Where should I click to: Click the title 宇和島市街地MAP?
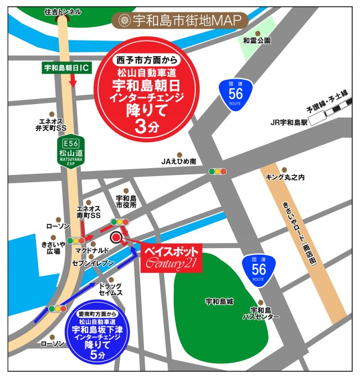tap(180, 21)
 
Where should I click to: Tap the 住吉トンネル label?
tap(62, 11)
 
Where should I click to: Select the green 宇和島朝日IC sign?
tap(66, 68)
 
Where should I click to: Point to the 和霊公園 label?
tap(256, 40)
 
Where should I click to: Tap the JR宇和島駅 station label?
tap(289, 121)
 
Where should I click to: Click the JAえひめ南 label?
tap(178, 161)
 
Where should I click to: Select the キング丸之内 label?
tap(285, 177)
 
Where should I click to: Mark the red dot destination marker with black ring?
tap(116, 237)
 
